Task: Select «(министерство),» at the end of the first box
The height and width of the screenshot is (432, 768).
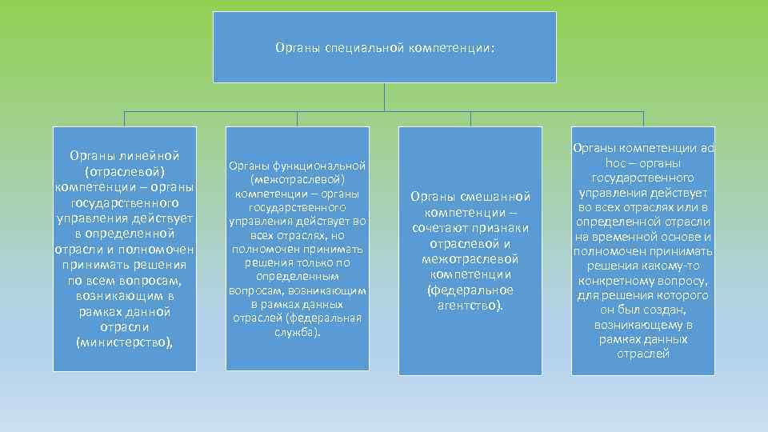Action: pos(124,342)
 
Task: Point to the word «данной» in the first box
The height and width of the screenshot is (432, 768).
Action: pos(149,311)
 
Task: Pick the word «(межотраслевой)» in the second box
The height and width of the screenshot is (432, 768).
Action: pos(298,179)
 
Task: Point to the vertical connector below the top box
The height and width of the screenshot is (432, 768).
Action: pos(385,96)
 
